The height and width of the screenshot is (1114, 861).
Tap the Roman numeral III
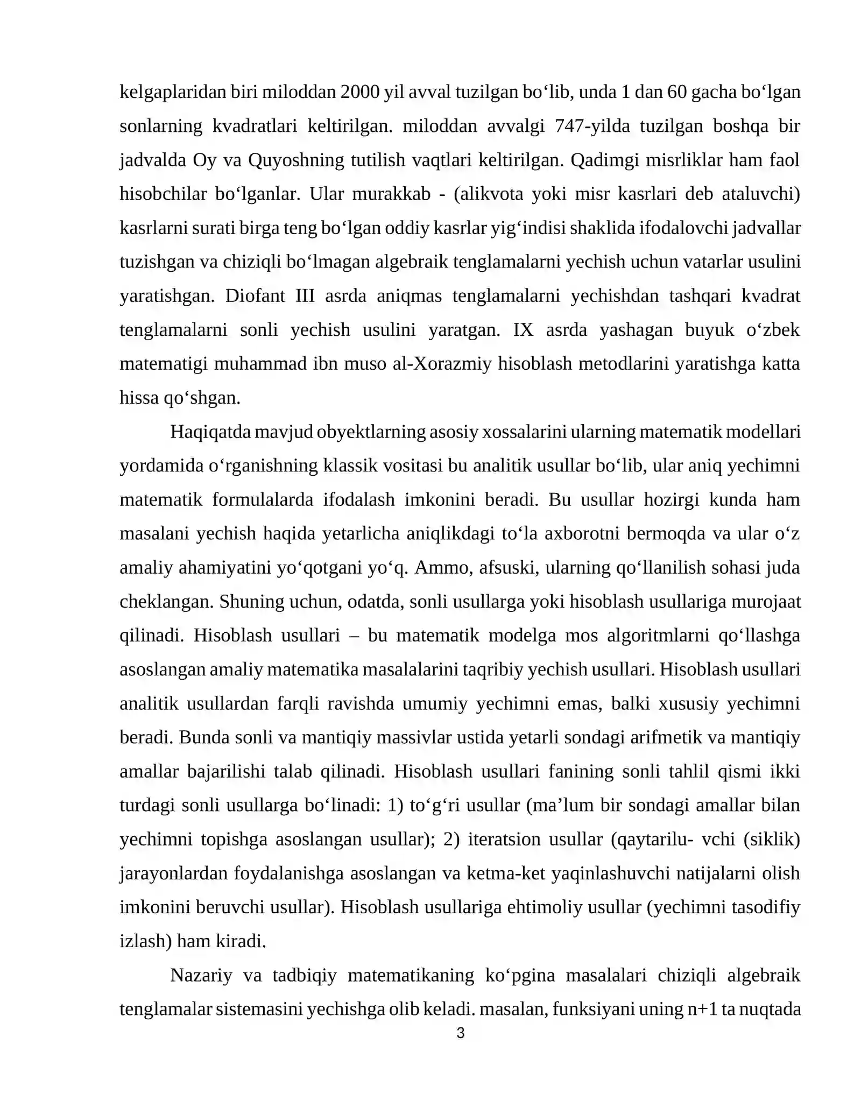[x=305, y=295]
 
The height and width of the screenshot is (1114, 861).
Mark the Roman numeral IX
[x=523, y=329]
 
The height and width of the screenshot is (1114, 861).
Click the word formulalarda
[x=263, y=499]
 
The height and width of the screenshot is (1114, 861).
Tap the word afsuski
[x=506, y=567]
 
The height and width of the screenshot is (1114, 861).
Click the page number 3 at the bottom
[x=460, y=1033]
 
